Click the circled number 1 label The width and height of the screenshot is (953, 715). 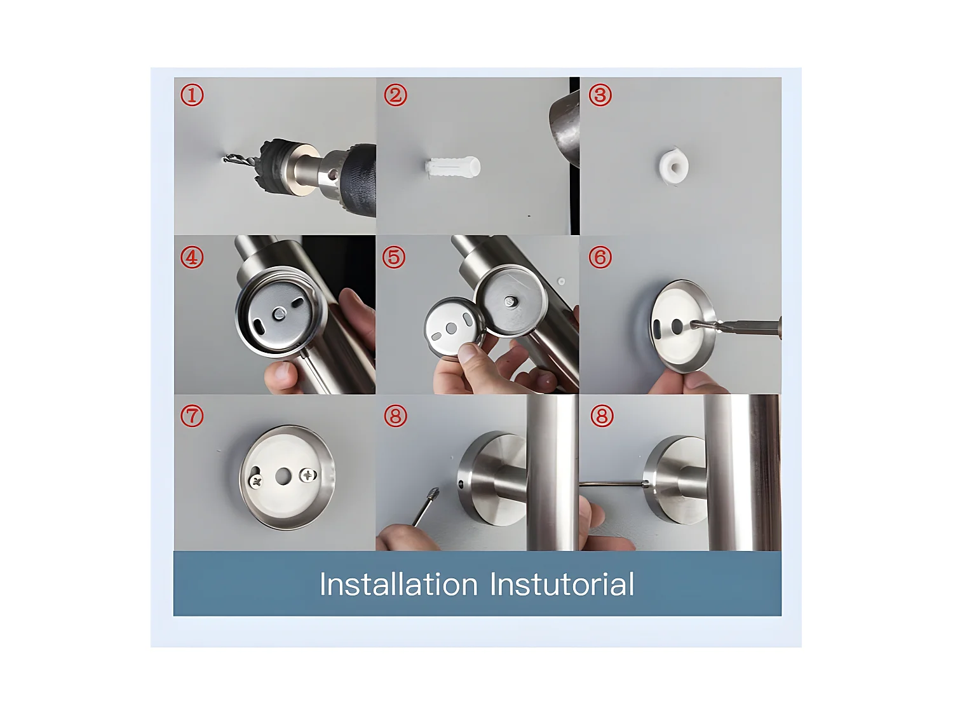[191, 95]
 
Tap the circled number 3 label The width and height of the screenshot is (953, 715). [600, 95]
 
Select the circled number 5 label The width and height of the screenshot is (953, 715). [394, 257]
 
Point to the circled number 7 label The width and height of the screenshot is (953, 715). [191, 416]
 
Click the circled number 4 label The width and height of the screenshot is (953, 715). [191, 257]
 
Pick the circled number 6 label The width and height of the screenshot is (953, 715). [600, 257]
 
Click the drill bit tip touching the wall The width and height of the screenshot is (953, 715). [224, 160]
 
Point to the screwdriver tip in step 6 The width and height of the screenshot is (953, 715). [692, 324]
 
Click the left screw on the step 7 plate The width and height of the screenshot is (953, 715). [256, 480]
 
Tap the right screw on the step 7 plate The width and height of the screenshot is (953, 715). [308, 475]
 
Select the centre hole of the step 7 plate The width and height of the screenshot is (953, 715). [283, 476]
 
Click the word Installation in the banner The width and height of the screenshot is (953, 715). [398, 584]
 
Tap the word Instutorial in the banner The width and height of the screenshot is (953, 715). [562, 584]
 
